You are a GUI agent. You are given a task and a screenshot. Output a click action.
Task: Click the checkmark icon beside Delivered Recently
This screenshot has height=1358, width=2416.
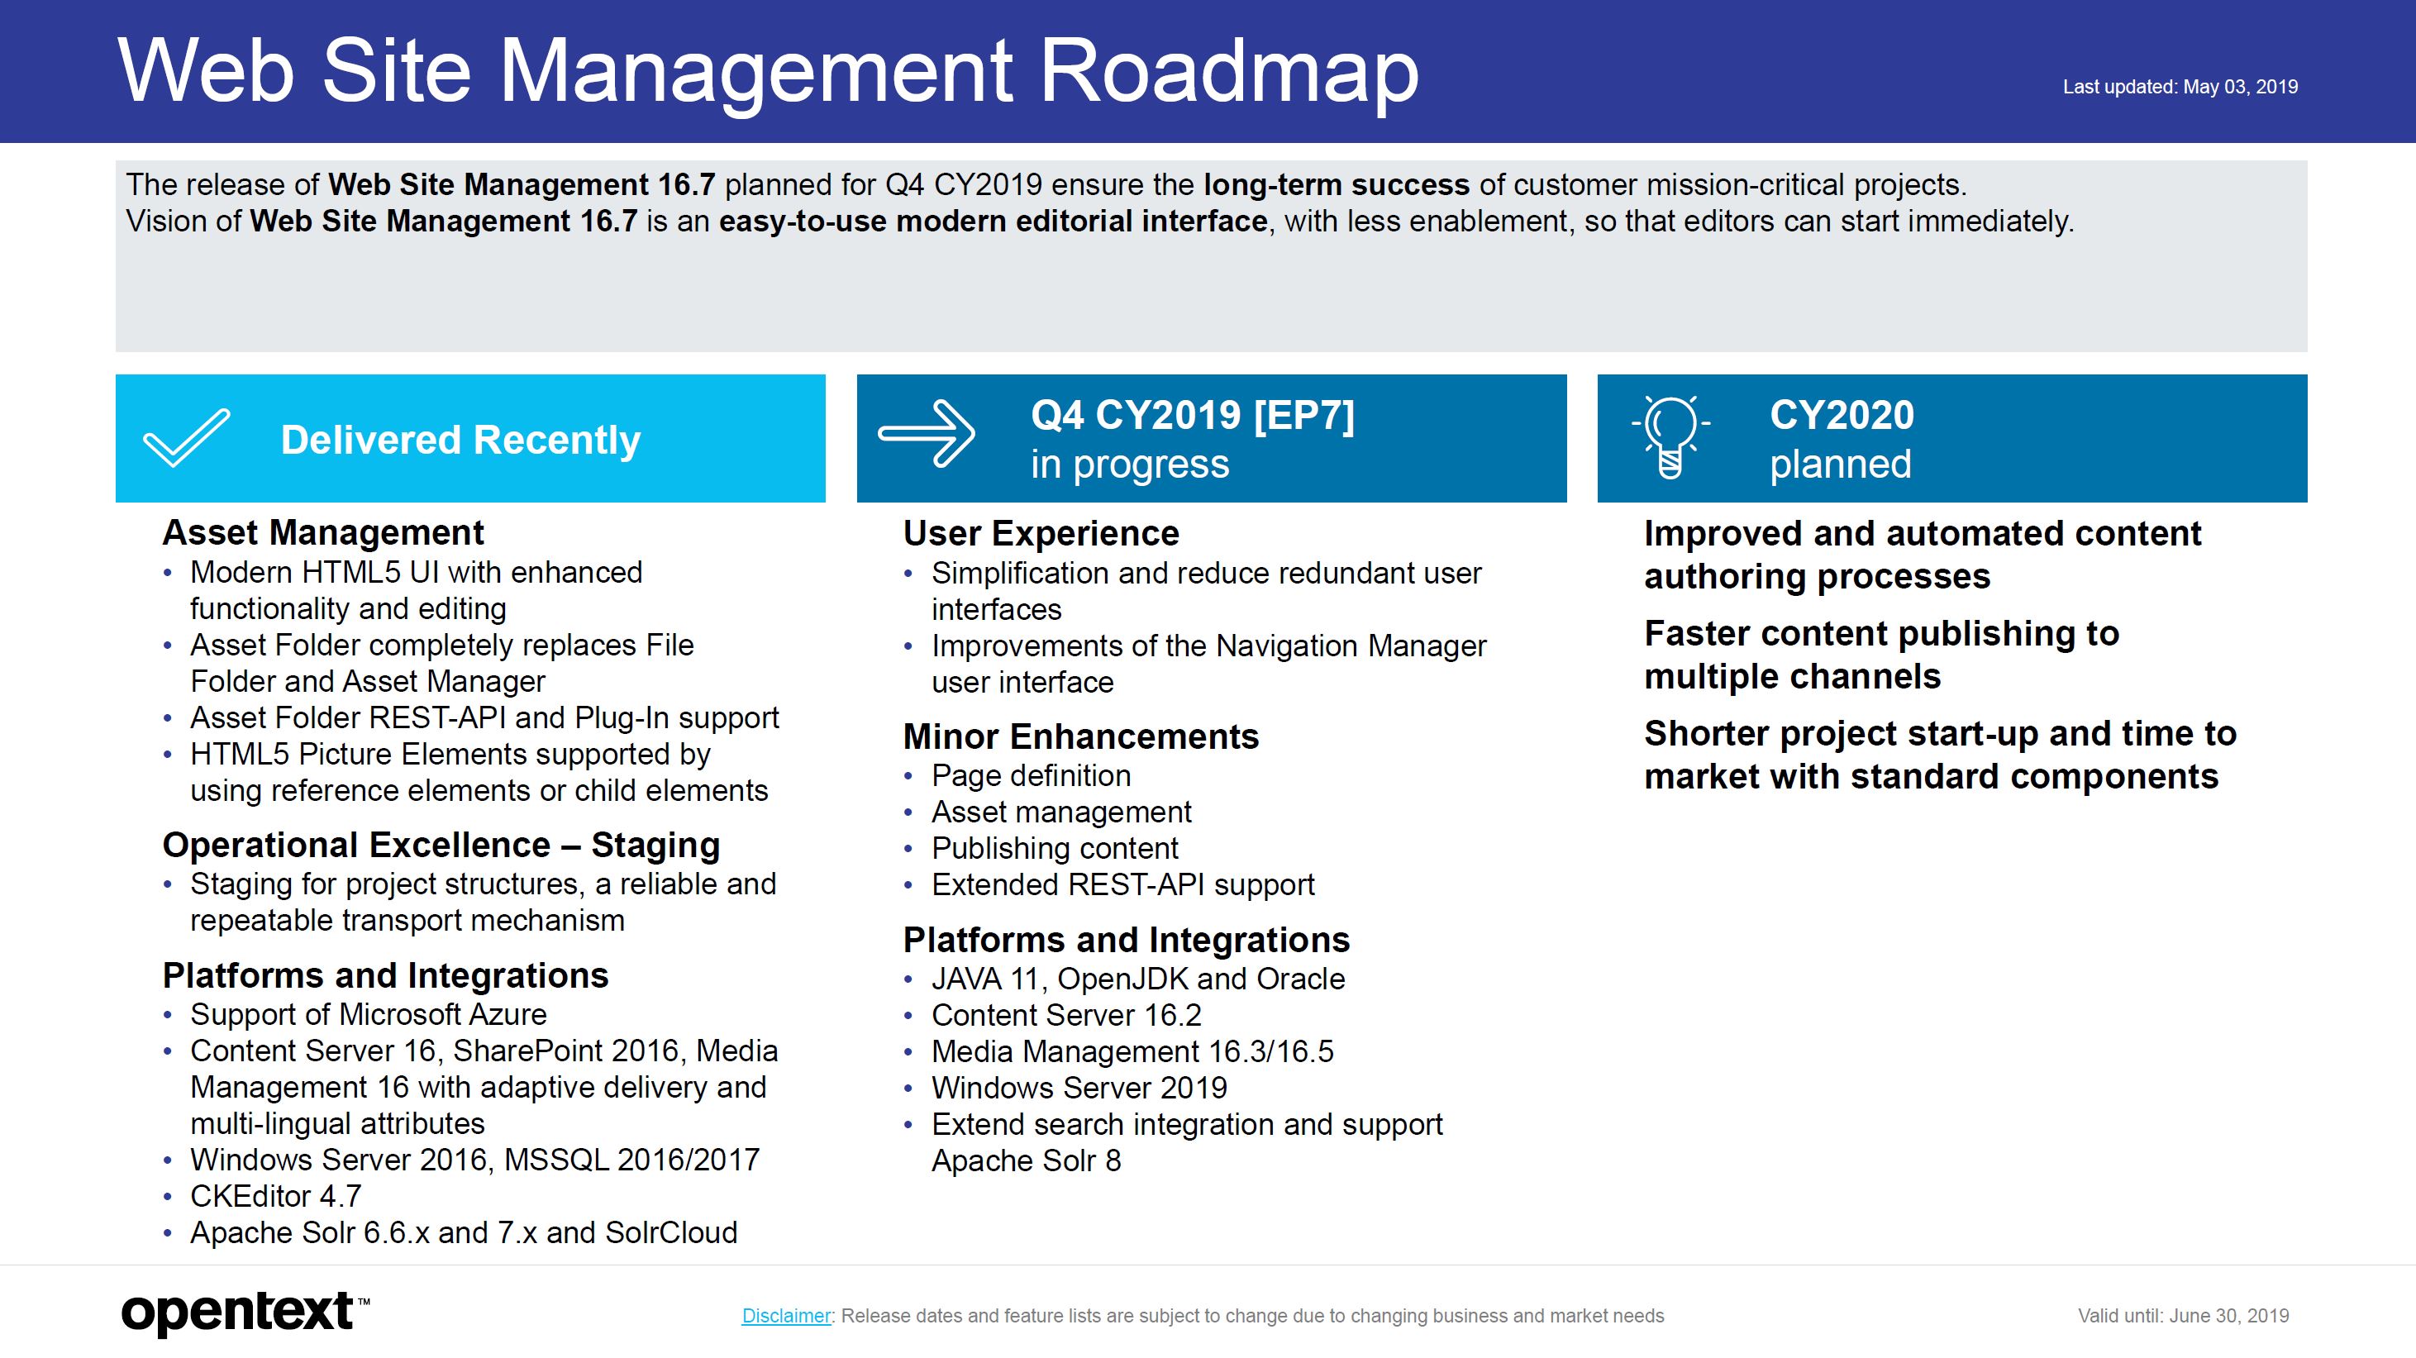(x=186, y=438)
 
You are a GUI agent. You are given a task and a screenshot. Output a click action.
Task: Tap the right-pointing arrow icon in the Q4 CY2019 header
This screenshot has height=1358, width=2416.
(x=926, y=433)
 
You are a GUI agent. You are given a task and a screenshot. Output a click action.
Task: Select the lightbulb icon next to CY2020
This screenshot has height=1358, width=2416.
(x=1670, y=437)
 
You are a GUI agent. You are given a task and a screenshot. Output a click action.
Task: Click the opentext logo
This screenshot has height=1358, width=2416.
(x=245, y=1313)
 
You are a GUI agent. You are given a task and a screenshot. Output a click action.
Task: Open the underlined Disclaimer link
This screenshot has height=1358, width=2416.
(x=786, y=1316)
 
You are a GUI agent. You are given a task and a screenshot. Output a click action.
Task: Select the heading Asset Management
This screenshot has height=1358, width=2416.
(x=323, y=532)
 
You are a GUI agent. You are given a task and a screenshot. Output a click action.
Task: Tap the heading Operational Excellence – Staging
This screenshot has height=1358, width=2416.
(x=441, y=846)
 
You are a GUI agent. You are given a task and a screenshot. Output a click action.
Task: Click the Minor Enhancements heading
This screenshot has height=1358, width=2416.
(x=1081, y=737)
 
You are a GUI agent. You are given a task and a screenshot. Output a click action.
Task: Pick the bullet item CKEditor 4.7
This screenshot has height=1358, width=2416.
(x=276, y=1197)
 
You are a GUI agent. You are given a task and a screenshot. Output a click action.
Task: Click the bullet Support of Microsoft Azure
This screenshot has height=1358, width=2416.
(x=369, y=1015)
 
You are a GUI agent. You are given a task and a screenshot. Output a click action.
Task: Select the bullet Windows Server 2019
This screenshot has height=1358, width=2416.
(x=1079, y=1088)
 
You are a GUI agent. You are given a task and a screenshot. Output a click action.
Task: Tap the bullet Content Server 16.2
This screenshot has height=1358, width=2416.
(x=1066, y=1016)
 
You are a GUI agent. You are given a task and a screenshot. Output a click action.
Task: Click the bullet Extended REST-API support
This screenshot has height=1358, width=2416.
(x=1122, y=885)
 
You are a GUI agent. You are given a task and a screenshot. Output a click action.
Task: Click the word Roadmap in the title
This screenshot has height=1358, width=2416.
(x=1230, y=71)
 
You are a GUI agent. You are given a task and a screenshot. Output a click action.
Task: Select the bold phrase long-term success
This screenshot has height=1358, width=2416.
(x=1337, y=185)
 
